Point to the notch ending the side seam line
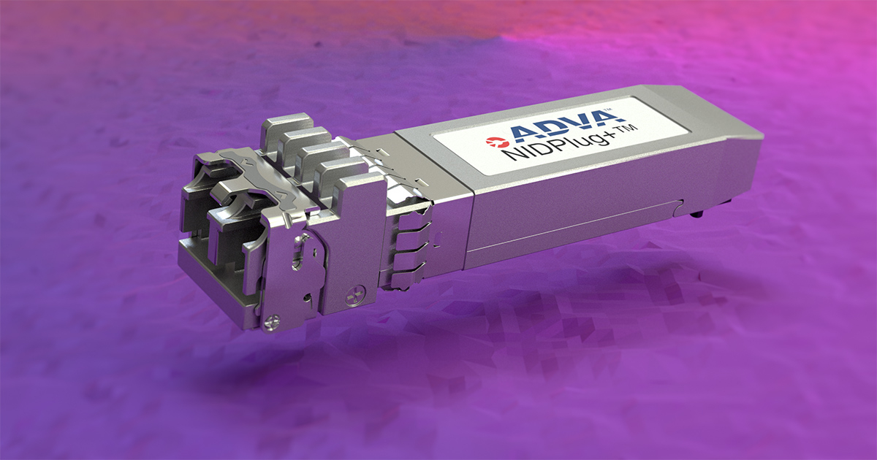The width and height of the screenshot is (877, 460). (x=680, y=203)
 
